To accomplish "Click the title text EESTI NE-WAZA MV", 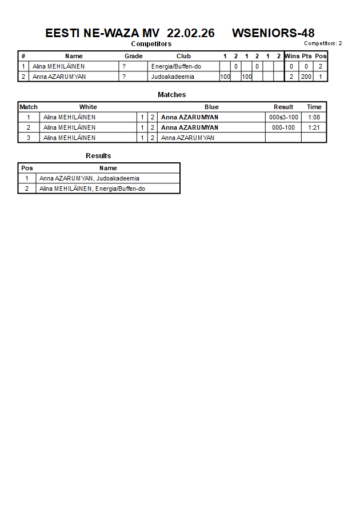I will click(102, 33).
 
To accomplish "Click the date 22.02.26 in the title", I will click(191, 33).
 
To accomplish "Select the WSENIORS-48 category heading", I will click(273, 33).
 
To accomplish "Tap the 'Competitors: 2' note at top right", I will click(323, 43).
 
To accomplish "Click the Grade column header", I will click(134, 56).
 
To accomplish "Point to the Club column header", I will click(183, 56).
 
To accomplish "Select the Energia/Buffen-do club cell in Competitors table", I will click(176, 66).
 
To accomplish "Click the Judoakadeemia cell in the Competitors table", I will click(173, 77).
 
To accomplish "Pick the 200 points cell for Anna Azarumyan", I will click(306, 77).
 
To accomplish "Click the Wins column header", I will click(292, 56).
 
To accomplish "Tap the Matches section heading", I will click(171, 95).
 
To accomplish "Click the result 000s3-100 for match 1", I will click(283, 117).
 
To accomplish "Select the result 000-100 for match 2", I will click(283, 127).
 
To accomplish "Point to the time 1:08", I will click(314, 117).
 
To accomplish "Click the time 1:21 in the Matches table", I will click(314, 127).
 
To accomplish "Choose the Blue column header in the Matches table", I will click(211, 107).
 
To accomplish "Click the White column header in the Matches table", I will click(88, 107).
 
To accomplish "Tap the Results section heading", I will click(98, 156).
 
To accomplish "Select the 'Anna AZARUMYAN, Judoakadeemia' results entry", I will click(89, 178).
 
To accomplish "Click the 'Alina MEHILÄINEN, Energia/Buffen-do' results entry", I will click(92, 189).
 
